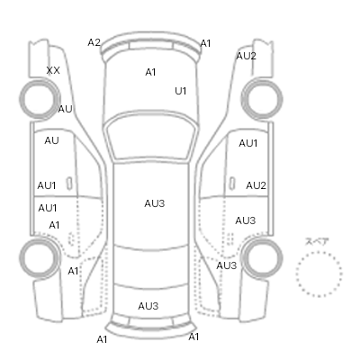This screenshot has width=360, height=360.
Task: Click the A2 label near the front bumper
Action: coord(94,42)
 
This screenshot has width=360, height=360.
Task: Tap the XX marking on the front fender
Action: coord(53,70)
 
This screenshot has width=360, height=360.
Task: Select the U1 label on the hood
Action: coord(181,91)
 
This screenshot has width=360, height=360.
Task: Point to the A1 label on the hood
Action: coord(150,72)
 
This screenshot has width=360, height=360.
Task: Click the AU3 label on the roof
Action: coord(155,203)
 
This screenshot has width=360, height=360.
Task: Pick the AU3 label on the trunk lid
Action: coord(148,306)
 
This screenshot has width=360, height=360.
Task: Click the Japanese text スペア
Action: coord(317,241)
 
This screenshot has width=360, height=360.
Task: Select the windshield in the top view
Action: coord(153,137)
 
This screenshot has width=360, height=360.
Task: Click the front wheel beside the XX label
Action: coord(40,98)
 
